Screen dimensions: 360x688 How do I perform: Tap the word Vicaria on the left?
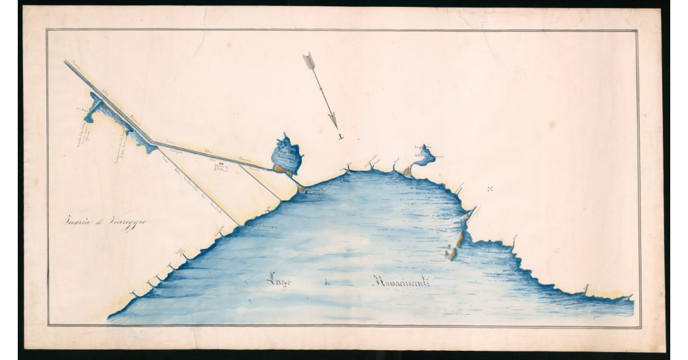(x=77, y=222)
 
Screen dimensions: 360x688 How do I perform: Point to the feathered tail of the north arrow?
(x=309, y=60)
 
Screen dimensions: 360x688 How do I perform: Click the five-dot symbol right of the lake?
(x=490, y=189)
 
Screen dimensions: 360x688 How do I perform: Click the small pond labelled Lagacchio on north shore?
(x=425, y=154)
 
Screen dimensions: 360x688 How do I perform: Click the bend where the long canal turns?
(x=151, y=142)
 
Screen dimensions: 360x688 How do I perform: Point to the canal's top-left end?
(x=67, y=62)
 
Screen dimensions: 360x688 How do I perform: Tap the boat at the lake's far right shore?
(x=630, y=298)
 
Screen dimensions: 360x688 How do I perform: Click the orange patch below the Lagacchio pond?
(x=408, y=171)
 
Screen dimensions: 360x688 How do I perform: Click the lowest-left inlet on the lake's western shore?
(x=134, y=294)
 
